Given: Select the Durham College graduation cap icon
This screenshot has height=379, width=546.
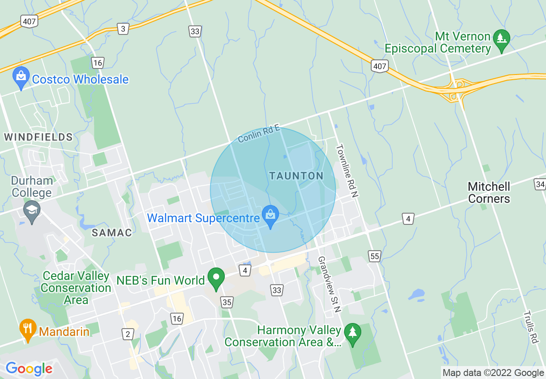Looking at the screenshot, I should pos(32,211).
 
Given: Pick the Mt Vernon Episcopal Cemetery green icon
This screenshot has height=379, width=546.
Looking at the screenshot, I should pos(501,39).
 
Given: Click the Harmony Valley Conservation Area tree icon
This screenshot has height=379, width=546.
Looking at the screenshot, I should pos(353,333).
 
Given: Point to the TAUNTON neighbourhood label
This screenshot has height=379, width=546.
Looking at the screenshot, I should pos(296,176).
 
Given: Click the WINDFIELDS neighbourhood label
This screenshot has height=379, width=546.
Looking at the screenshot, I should pos(38,137).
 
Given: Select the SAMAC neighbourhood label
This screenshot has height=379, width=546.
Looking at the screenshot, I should pos(112,233).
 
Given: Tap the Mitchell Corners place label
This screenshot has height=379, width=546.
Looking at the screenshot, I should pos(489,193).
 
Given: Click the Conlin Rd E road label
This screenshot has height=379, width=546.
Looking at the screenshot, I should pos(259,134).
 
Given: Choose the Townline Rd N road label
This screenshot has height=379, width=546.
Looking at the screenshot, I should pos(347,171).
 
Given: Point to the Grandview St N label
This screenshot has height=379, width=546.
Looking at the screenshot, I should pos(329,284).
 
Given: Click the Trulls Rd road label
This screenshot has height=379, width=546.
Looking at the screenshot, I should pos(532,327).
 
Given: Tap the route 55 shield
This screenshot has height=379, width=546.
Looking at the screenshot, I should pos(375,256).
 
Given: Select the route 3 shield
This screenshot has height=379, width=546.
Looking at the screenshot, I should pos(124,29).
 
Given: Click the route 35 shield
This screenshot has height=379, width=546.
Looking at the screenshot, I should pos(227,302).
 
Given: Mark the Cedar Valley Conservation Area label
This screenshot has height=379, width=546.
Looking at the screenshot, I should pos(76,288).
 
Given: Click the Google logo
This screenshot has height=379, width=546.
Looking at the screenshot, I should pos(29,369).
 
